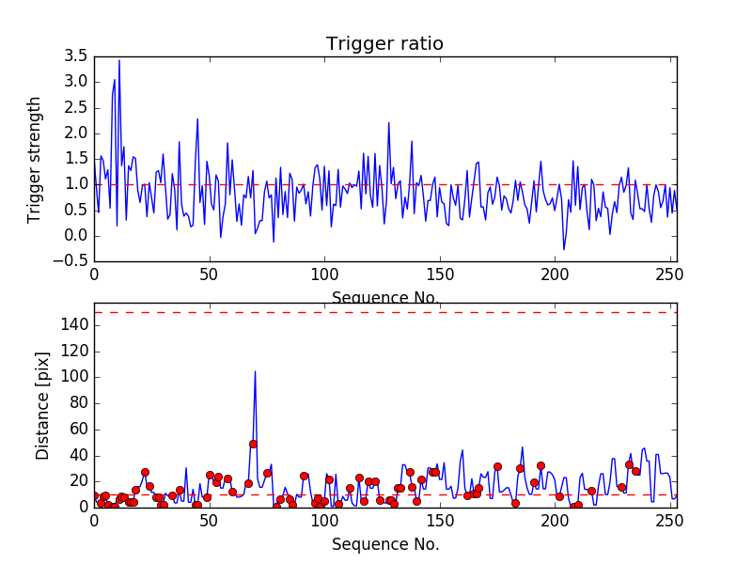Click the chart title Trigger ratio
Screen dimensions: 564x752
(384, 44)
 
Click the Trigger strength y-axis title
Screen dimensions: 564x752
(35, 159)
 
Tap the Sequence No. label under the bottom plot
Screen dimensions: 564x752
(385, 544)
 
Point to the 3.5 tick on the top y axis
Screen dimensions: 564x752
(77, 56)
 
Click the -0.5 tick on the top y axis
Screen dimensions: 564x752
(74, 261)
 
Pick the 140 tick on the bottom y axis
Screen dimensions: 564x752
(74, 324)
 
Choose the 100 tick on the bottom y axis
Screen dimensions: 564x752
(74, 377)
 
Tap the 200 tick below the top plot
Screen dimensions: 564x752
(555, 275)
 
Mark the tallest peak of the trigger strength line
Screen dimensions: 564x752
(119, 61)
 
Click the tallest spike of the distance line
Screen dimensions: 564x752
(255, 371)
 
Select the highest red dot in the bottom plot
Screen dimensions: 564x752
(253, 444)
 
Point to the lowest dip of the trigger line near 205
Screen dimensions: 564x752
(564, 250)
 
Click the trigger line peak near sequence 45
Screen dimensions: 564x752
(197, 118)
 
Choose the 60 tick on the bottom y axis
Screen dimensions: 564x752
(78, 429)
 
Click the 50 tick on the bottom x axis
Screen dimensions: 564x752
(209, 521)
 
